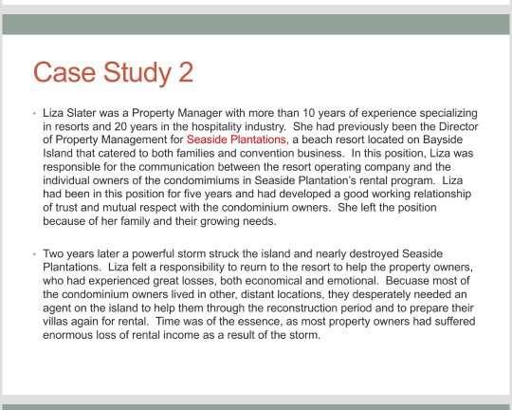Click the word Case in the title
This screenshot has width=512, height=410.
click(65, 72)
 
